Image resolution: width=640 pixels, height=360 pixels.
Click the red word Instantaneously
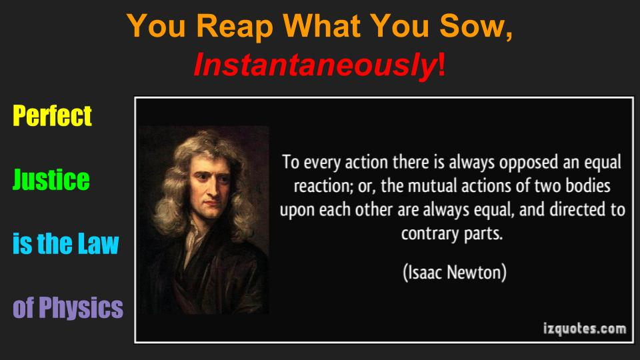[x=315, y=65]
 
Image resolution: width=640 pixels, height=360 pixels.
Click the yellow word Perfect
[x=52, y=115]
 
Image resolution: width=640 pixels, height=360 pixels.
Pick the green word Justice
[x=51, y=179]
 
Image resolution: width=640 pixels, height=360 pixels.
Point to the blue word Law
[x=99, y=244]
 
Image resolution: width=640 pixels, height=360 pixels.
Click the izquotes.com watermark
[x=585, y=329]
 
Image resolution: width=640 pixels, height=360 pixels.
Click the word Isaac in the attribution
[x=425, y=272]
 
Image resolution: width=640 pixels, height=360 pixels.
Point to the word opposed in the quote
[x=529, y=163]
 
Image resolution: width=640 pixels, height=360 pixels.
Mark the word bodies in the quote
[x=588, y=186]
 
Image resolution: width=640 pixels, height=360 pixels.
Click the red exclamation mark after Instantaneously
[x=441, y=64]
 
